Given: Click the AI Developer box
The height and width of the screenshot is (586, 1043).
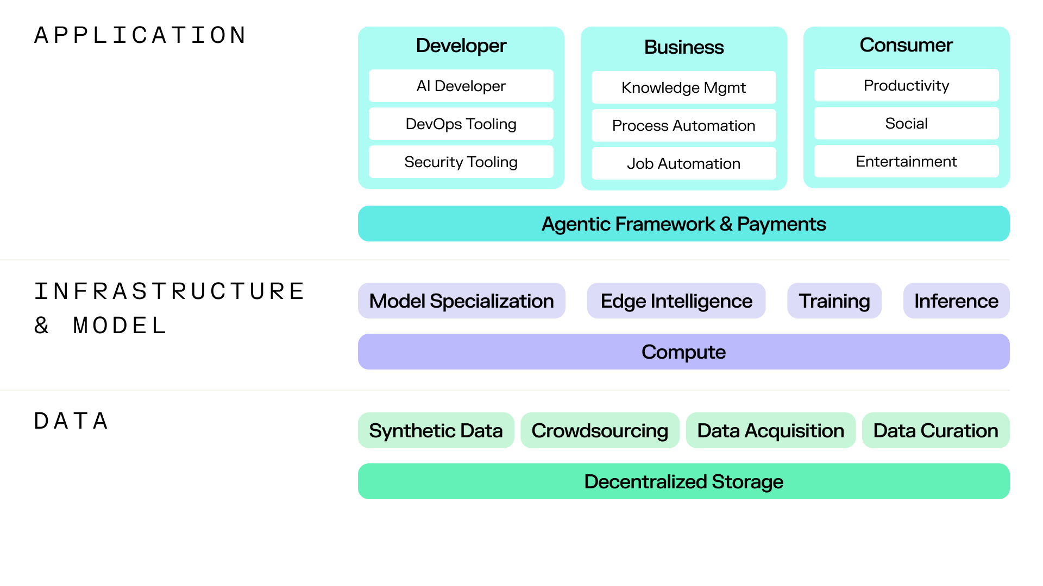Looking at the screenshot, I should (x=461, y=86).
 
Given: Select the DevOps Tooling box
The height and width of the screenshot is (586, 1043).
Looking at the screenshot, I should (x=461, y=124).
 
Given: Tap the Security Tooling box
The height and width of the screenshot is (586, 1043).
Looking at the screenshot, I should (x=461, y=162).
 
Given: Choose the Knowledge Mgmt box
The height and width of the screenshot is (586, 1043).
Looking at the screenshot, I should (x=683, y=87).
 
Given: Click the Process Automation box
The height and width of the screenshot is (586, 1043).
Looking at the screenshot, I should (x=683, y=125).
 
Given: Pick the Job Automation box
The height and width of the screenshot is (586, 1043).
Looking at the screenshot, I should (x=683, y=163).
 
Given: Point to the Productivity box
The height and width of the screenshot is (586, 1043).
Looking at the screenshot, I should (x=906, y=85).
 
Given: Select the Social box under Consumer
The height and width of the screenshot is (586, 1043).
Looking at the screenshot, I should (x=906, y=123).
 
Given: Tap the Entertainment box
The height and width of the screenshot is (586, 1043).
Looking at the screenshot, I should (x=906, y=161).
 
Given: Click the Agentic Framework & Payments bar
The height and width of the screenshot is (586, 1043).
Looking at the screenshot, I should (x=683, y=224).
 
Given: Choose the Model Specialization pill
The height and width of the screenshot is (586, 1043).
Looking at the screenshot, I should (x=461, y=301).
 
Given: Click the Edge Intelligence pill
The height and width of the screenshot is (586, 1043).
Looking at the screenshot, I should (x=676, y=301).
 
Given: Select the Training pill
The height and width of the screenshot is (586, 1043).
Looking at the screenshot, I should (x=834, y=301).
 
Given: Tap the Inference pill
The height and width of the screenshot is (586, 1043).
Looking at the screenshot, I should (x=956, y=301).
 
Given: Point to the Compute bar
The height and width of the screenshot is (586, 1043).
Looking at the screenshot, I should (x=683, y=352).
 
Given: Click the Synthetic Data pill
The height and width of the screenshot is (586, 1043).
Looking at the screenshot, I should (x=436, y=430).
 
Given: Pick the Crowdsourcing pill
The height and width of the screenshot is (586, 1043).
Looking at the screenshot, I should (x=600, y=430).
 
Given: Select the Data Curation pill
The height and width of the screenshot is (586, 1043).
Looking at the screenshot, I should (x=935, y=430).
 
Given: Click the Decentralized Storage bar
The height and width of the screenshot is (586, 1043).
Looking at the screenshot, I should (x=683, y=481).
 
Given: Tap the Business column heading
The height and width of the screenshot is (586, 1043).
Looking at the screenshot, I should (x=683, y=47).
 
